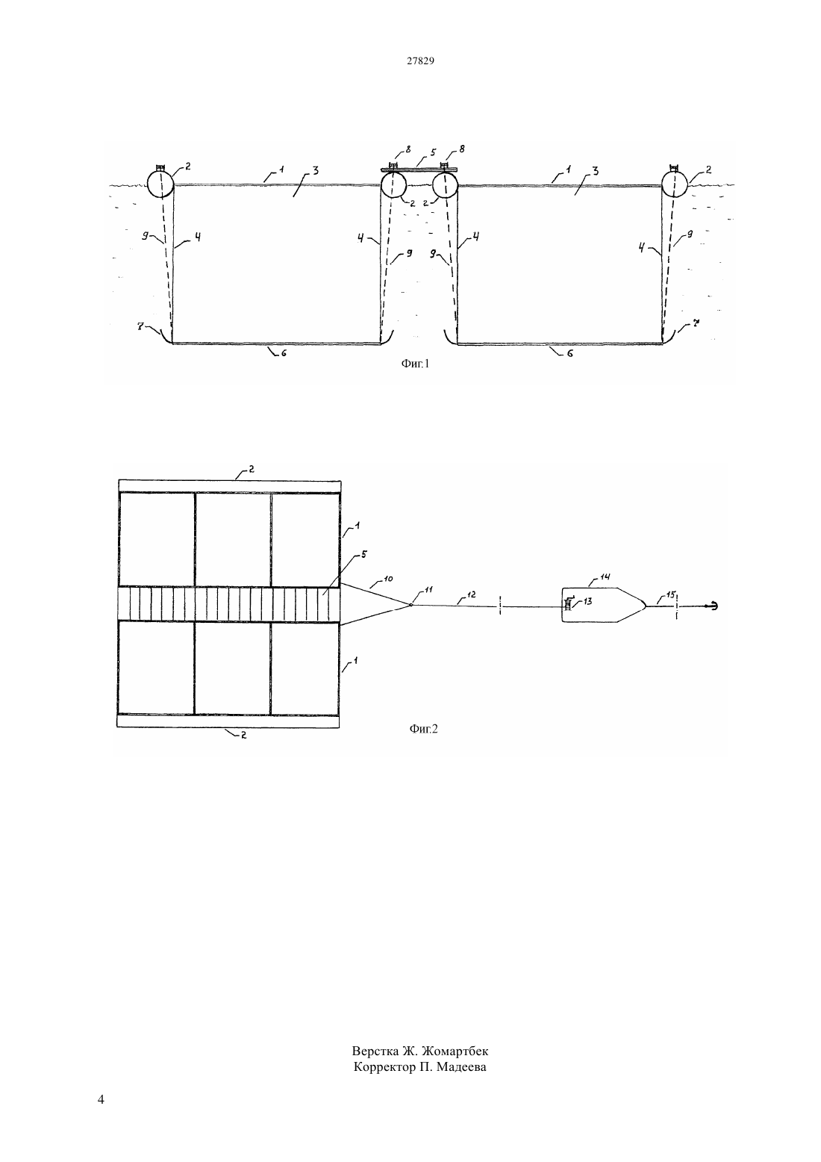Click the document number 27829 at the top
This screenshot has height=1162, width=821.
tap(420, 60)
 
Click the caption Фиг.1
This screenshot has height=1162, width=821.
tap(415, 364)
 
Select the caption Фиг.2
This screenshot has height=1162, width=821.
tap(423, 729)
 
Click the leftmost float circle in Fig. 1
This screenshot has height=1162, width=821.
tap(160, 184)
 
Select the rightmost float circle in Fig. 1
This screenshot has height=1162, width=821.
tap(675, 184)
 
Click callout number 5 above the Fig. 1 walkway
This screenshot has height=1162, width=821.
tap(434, 152)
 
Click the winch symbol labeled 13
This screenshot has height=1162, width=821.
tap(568, 603)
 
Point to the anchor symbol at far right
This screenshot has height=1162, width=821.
tap(711, 606)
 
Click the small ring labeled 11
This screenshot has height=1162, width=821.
tap(410, 604)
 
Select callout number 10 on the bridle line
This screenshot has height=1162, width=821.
tap(389, 579)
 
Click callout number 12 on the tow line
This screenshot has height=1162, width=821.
tap(471, 595)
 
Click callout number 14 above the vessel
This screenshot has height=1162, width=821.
tap(605, 577)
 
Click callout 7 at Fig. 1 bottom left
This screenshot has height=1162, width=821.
tap(140, 326)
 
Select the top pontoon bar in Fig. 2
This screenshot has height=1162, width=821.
tap(230, 486)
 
